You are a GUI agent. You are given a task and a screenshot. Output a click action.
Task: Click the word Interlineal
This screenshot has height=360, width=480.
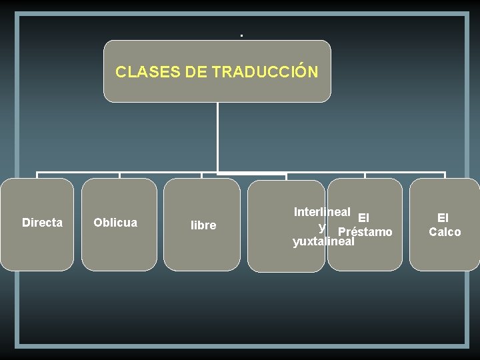[322, 212]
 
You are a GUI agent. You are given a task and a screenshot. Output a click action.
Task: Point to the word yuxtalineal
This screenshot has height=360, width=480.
[323, 242]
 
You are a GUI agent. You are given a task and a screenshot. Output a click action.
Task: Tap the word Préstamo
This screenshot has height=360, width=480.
[365, 233]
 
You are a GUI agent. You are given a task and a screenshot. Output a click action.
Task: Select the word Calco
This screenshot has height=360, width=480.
[445, 232]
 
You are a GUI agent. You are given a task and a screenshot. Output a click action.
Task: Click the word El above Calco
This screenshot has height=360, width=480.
[443, 218]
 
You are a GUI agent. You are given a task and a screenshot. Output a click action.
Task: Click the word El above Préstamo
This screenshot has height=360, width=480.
[363, 217]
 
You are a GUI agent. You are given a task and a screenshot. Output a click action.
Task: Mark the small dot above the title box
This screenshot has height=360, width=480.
[241, 35]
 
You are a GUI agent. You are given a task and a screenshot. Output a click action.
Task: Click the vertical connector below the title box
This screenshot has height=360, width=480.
[218, 137]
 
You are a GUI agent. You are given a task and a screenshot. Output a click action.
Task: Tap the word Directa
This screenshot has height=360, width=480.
[42, 223]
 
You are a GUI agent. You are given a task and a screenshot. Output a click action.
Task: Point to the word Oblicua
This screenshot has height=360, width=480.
[115, 223]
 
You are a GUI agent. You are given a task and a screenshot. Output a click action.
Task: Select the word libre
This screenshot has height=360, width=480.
[203, 226]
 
